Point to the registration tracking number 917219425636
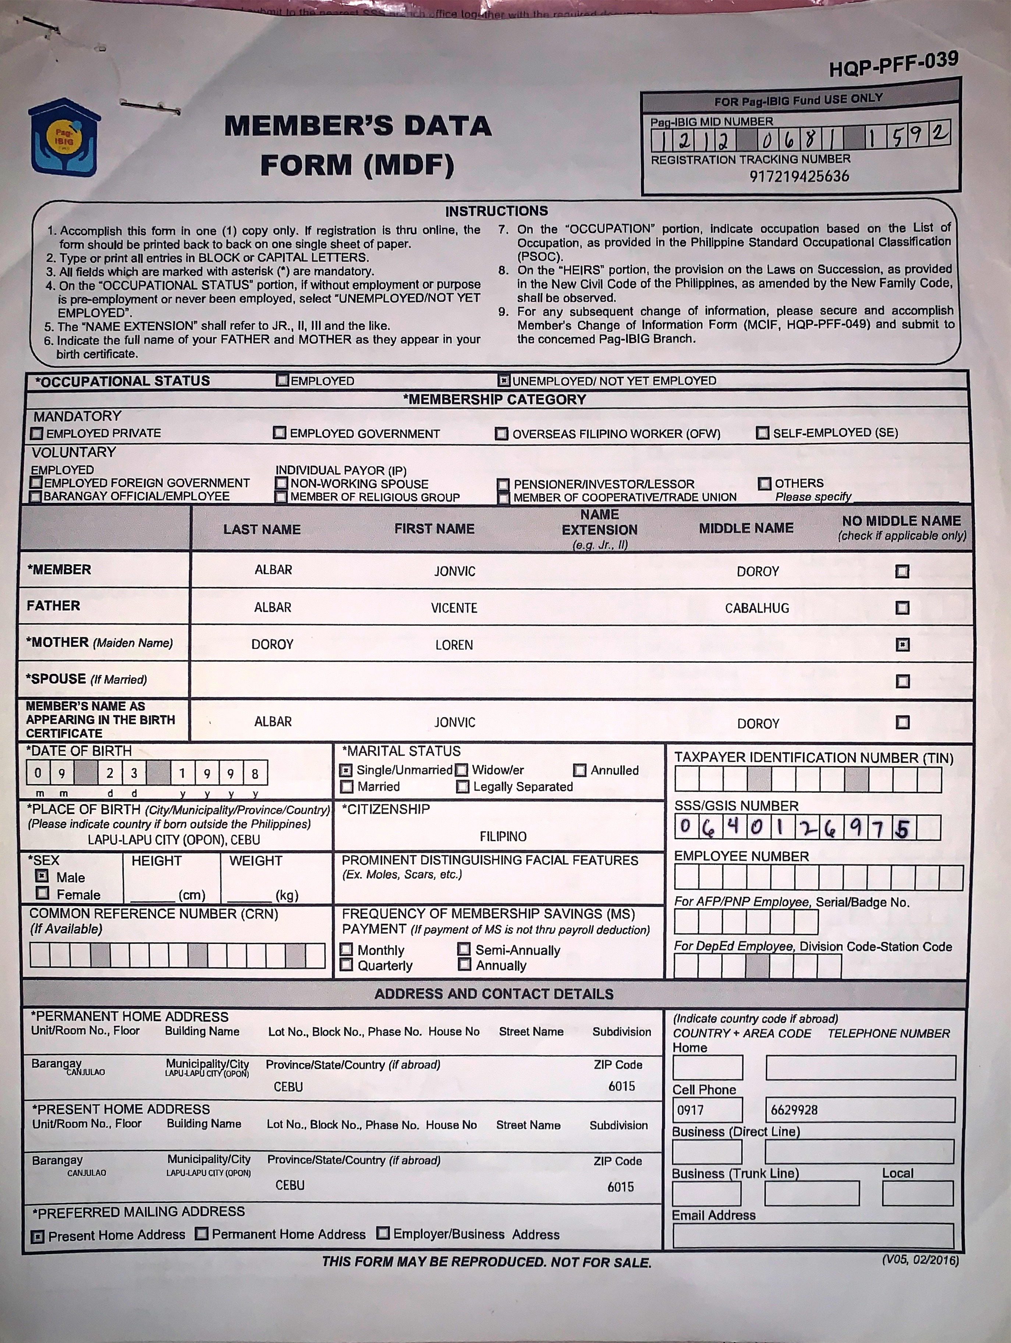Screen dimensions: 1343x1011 coord(799,177)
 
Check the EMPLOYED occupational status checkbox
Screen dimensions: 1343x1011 coord(282,381)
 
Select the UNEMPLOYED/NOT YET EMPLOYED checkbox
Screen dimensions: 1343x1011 coord(503,381)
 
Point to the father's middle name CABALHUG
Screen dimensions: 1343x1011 coord(756,608)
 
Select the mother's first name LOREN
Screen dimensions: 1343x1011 coord(454,645)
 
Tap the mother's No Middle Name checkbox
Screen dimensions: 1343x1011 coord(902,644)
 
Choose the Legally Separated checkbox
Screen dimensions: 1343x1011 coord(463,787)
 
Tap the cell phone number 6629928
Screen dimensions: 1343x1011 coord(794,1110)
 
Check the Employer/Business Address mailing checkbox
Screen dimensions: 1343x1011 coord(383,1234)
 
